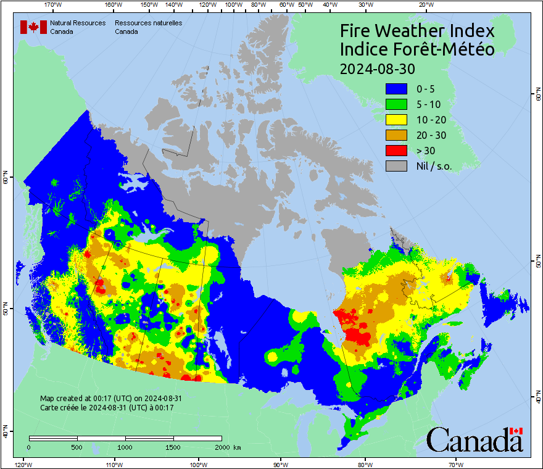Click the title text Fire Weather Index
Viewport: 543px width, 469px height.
click(x=417, y=31)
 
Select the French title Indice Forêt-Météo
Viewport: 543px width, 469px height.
click(x=417, y=49)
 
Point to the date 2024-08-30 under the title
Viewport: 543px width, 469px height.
click(x=377, y=68)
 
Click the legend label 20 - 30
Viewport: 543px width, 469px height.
click(x=431, y=135)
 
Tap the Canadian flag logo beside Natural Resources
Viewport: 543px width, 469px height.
click(x=33, y=27)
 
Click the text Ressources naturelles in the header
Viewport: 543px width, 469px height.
click(x=148, y=23)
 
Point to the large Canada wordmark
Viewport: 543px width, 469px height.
click(x=475, y=440)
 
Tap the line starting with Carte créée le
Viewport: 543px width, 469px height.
click(x=107, y=408)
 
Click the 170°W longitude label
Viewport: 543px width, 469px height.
click(x=54, y=5)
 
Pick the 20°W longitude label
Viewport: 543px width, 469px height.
click(x=425, y=5)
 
